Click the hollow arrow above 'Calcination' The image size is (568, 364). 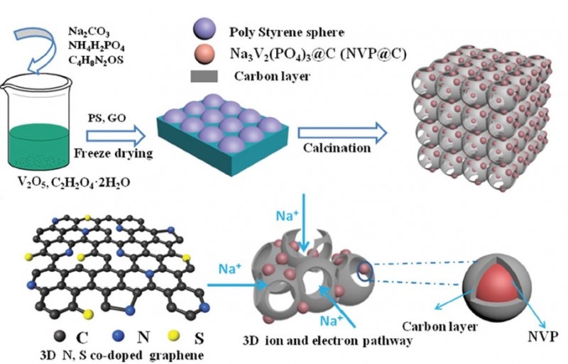tap(341, 131)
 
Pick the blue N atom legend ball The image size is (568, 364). tap(106, 334)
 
